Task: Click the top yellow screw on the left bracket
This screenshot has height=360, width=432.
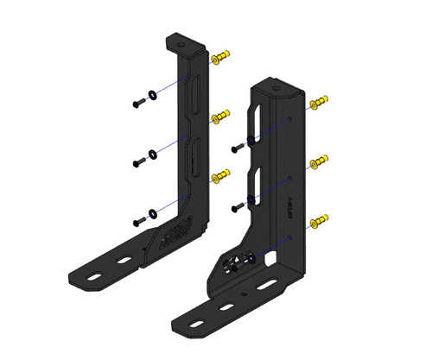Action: click(x=221, y=59)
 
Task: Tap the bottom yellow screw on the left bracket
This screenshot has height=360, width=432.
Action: click(x=221, y=175)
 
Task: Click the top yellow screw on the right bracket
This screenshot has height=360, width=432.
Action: click(x=320, y=102)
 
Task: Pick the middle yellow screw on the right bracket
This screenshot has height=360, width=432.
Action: click(x=320, y=161)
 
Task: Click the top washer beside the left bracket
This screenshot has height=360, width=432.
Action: click(x=153, y=95)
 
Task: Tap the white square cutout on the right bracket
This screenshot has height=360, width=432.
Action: click(x=271, y=256)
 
